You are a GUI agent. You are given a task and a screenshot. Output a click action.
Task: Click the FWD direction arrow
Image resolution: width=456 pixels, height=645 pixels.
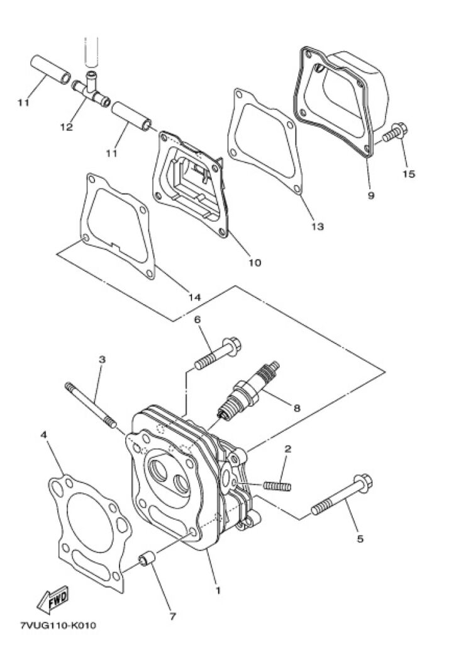[53, 600]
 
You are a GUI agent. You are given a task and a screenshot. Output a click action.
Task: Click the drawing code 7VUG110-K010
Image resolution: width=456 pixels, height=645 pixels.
[58, 625]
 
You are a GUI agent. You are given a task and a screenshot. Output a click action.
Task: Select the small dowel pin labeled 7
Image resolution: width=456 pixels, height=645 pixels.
[147, 559]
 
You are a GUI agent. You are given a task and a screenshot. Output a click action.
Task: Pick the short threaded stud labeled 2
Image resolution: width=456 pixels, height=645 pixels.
[277, 486]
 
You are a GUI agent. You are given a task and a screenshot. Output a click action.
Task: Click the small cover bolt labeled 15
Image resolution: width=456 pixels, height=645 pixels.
[395, 132]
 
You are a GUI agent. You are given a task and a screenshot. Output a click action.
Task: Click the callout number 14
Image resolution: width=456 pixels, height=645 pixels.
[195, 297]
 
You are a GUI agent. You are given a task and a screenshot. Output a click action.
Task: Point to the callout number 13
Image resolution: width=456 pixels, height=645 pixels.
[318, 226]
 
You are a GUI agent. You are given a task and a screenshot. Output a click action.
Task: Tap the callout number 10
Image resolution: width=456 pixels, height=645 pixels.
[255, 262]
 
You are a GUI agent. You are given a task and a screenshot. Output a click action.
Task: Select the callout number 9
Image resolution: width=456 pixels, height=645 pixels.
[371, 195]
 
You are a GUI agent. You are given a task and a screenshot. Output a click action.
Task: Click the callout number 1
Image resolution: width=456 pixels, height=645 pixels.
[218, 590]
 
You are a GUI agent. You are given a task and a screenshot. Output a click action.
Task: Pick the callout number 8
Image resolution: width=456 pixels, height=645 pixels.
[297, 408]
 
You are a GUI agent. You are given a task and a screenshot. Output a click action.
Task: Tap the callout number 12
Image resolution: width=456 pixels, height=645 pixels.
[66, 127]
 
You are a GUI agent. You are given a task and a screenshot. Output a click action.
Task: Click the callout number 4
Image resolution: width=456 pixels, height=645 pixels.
[43, 435]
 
